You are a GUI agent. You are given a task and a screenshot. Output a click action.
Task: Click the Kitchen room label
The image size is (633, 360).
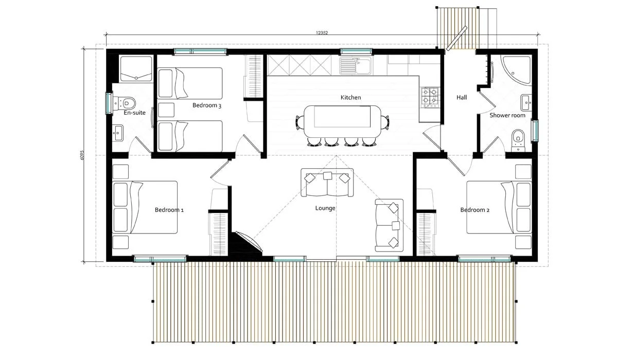[350, 97]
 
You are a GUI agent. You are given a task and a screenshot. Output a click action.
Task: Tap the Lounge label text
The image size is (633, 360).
[325, 208]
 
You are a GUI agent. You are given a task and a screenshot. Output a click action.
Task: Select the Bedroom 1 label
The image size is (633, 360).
[169, 210]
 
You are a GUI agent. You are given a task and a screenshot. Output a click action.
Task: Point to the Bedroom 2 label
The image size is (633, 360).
[474, 210]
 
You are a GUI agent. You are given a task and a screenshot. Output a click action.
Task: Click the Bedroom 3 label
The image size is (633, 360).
[207, 105]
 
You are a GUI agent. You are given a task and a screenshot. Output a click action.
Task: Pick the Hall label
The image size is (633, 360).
[462, 97]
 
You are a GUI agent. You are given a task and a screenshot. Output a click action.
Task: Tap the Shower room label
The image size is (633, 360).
[507, 115]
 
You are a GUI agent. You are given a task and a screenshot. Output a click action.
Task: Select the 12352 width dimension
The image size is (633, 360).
[322, 32]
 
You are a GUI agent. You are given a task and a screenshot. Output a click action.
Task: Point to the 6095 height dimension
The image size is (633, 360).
[82, 156]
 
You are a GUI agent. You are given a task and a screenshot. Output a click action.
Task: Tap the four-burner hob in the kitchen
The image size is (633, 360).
[430, 96]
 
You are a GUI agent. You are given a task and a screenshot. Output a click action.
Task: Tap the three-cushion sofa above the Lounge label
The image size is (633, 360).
[327, 183]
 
